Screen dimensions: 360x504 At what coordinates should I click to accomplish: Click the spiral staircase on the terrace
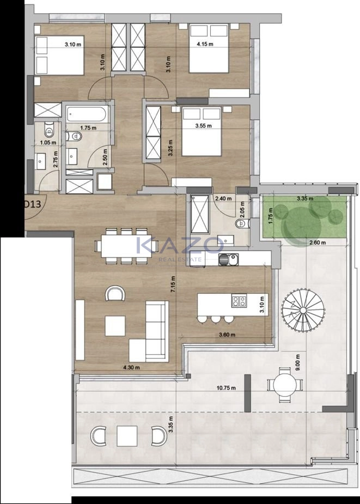[303, 310]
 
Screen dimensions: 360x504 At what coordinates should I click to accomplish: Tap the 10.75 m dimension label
[226, 388]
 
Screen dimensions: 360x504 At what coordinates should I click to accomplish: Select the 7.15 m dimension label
[173, 284]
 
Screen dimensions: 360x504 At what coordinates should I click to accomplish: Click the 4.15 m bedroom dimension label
[205, 44]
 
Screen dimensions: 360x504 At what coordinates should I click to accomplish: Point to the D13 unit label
[33, 204]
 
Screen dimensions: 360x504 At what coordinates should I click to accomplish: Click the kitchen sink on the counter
[229, 259]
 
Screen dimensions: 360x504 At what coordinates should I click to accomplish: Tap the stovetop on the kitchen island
[239, 301]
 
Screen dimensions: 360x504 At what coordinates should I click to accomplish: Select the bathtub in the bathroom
[86, 114]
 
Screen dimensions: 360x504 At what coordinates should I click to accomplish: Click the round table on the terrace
[285, 385]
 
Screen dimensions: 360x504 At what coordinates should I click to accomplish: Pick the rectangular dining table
[126, 246]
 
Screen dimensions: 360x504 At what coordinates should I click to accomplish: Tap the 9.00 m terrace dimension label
[298, 362]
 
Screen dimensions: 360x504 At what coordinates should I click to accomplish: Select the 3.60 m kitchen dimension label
[227, 335]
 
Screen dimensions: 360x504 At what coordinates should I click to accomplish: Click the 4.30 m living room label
[131, 367]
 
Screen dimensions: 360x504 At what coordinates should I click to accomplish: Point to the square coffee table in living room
[115, 326]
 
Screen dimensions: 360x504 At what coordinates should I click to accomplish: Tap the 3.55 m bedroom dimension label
[203, 126]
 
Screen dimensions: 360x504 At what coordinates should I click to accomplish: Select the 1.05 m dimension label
[48, 142]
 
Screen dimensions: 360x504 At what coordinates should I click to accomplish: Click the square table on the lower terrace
[127, 436]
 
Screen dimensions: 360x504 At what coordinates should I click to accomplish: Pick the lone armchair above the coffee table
[115, 293]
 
